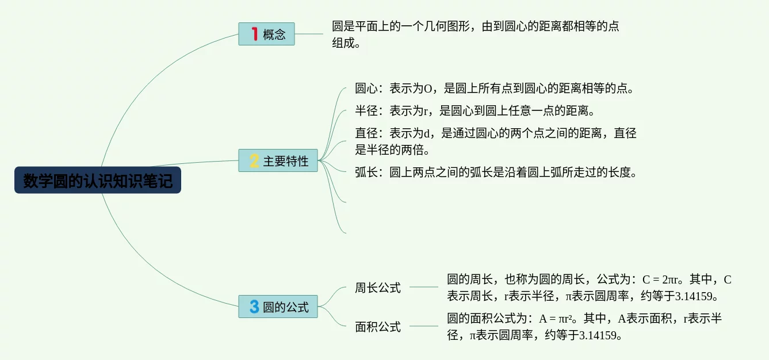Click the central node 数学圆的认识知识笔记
(98, 181)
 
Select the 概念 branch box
(266, 34)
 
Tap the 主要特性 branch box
(278, 161)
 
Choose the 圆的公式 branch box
(278, 307)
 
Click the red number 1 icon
(254, 34)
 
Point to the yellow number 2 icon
(254, 161)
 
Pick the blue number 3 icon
(254, 307)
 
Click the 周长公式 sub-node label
(377, 288)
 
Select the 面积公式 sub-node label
(377, 327)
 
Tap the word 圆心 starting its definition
(366, 89)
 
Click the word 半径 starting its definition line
(366, 110)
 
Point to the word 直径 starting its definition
(366, 133)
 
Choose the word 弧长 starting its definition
(366, 172)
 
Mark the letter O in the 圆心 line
(428, 89)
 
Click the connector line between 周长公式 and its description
(424, 287)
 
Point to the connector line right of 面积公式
(424, 326)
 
